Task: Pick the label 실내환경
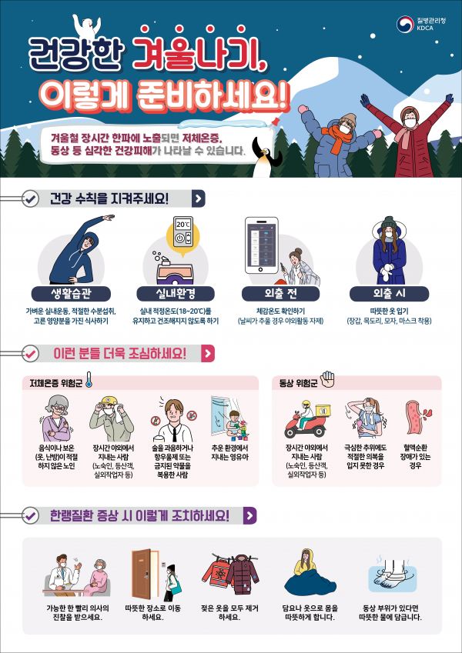pos(176,294)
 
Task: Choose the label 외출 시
pos(389,294)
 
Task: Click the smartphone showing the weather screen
pos(262,245)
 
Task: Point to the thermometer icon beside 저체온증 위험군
pos(89,381)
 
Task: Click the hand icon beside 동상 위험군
pos(328,379)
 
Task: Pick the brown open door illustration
pos(143,575)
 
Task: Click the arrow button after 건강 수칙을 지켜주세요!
pos(199,199)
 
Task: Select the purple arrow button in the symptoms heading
pos(249,516)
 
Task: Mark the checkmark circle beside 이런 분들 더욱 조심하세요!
pos(29,355)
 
